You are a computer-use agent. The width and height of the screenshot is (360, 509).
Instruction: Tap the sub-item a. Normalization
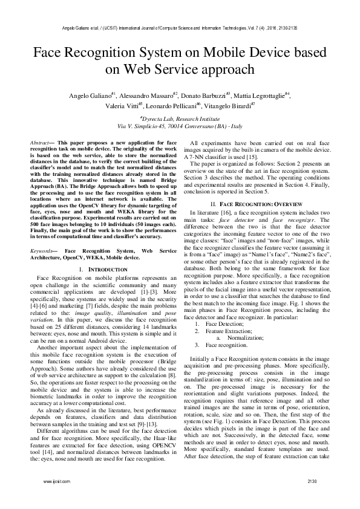(x=249, y=338)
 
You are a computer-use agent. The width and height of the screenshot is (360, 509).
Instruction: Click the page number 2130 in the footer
(x=312, y=497)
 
